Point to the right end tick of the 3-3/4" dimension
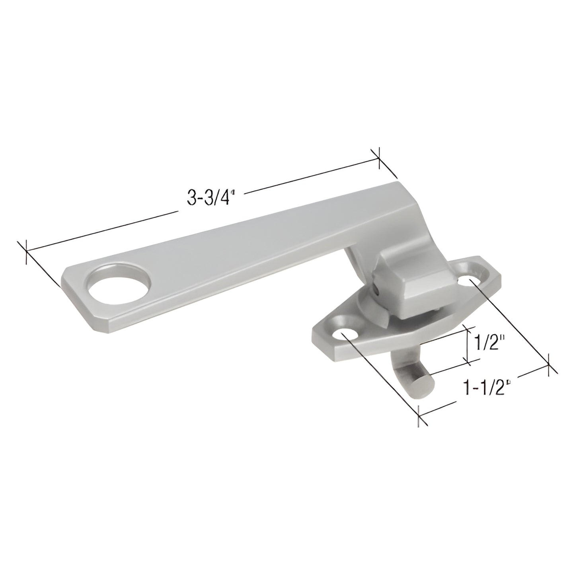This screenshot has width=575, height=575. point(378,159)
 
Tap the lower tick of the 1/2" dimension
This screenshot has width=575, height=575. point(470,362)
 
